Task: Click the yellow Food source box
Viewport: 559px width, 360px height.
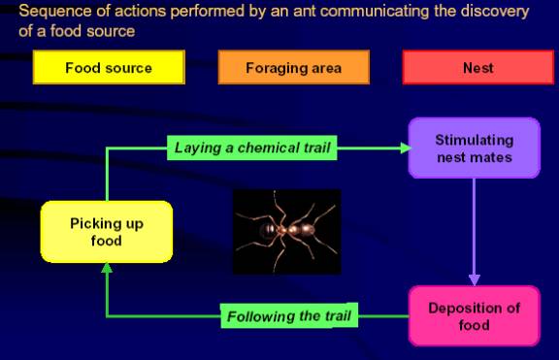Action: coord(109,67)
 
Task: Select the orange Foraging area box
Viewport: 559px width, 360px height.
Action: coord(293,67)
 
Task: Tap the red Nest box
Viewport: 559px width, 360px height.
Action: coord(478,67)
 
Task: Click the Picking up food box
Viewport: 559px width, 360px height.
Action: coord(107,232)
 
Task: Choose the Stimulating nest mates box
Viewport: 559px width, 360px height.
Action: coord(475,147)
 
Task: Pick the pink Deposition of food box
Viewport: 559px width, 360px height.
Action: coord(475,315)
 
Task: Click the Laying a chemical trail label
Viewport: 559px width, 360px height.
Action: coord(252,147)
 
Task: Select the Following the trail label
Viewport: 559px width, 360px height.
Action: coord(289,315)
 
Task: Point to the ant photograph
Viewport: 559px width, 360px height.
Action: coord(287,232)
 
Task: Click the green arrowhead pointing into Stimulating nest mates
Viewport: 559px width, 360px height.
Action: coord(406,147)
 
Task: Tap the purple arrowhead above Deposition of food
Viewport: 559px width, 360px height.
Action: coord(475,279)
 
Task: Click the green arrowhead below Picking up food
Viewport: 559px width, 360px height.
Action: coord(107,269)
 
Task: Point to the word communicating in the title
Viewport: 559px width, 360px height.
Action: coord(375,12)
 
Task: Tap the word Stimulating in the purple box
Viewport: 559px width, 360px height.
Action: coord(475,140)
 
